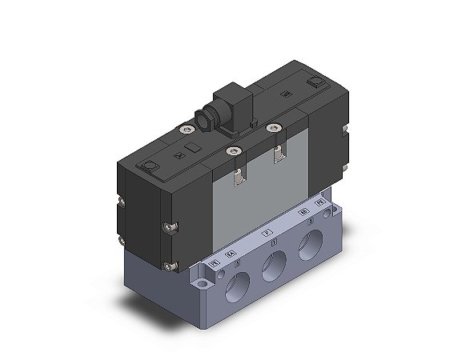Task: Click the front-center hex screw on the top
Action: point(233,148)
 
